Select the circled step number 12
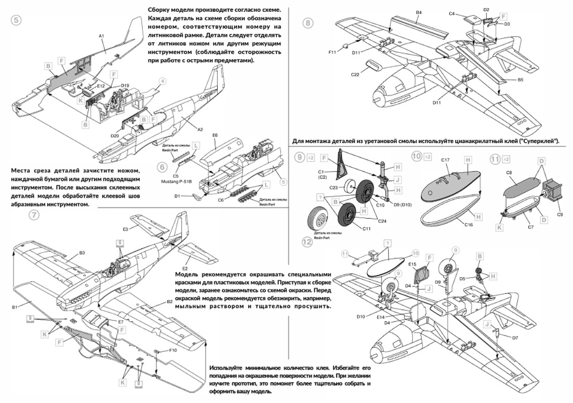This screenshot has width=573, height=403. tap(306, 242)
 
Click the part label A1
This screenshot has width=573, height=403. tap(102, 36)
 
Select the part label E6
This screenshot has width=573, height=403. tap(215, 135)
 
